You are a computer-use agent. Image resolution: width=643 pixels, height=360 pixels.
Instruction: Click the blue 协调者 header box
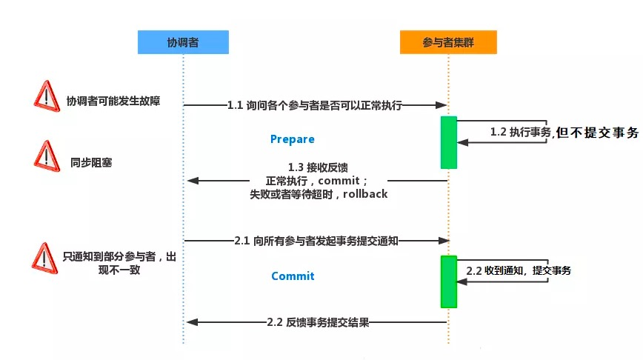pyautogui.click(x=183, y=41)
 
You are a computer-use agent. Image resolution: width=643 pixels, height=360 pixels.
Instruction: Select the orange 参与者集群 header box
pyautogui.click(x=448, y=41)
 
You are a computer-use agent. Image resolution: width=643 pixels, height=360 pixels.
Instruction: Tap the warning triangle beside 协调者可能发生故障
pyautogui.click(x=47, y=96)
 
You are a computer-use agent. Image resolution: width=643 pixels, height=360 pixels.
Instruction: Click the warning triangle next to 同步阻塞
pyautogui.click(x=47, y=156)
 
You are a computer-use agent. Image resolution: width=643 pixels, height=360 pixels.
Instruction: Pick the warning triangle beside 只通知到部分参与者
pyautogui.click(x=44, y=259)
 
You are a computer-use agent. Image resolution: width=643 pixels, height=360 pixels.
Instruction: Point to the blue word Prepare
pyautogui.click(x=293, y=139)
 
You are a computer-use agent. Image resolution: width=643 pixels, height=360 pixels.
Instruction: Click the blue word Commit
pyautogui.click(x=293, y=276)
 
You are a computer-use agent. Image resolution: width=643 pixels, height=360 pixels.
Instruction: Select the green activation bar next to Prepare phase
pyautogui.click(x=449, y=142)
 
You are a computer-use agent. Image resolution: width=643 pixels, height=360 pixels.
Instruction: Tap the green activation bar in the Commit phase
pyautogui.click(x=449, y=281)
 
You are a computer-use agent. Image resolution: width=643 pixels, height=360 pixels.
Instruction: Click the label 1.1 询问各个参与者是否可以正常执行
pyautogui.click(x=315, y=105)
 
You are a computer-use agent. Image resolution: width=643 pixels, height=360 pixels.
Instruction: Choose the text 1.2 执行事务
pyautogui.click(x=520, y=132)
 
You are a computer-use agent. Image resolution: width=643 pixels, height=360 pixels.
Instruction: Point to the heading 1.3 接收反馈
pyautogui.click(x=318, y=167)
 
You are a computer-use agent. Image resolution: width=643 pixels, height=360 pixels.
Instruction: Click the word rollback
pyautogui.click(x=365, y=193)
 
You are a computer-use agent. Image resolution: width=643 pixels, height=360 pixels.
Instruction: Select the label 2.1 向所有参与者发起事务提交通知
pyautogui.click(x=316, y=241)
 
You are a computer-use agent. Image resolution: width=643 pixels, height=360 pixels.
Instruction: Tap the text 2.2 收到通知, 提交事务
pyautogui.click(x=519, y=270)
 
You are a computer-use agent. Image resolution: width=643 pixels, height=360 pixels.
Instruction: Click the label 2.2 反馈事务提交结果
pyautogui.click(x=318, y=322)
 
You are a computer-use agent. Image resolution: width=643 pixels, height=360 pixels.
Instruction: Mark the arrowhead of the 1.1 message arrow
pyautogui.click(x=442, y=105)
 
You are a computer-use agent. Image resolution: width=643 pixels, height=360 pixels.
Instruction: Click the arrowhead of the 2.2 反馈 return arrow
pyautogui.click(x=193, y=322)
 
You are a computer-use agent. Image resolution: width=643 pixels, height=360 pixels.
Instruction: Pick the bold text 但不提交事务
pyautogui.click(x=598, y=133)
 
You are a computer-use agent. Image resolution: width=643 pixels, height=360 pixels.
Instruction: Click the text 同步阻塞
pyautogui.click(x=91, y=163)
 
